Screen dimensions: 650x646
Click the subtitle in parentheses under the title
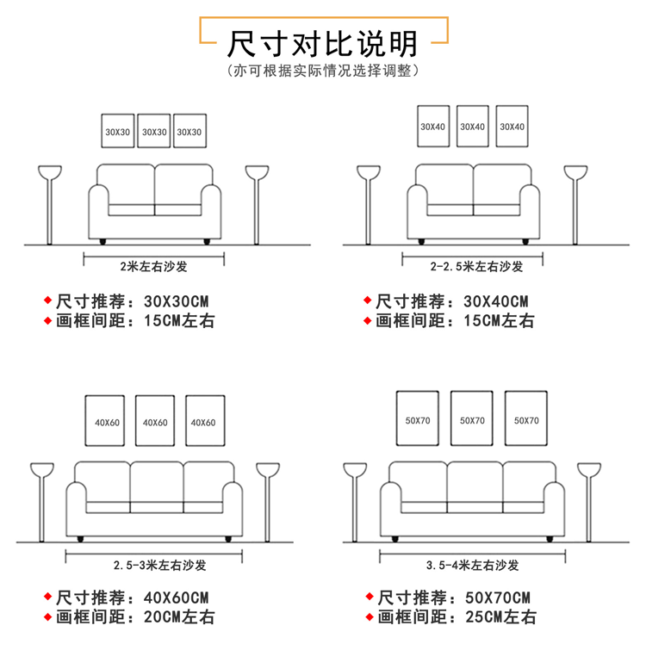pos(323,71)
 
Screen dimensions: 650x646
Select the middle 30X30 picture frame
pos(154,132)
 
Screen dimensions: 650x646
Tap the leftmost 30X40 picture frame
pos(433,127)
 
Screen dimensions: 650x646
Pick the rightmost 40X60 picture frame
pos(203,422)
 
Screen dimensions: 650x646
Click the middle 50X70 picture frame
pos(472,419)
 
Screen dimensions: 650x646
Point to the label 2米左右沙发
pos(153,266)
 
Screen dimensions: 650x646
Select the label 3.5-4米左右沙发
pos(473,566)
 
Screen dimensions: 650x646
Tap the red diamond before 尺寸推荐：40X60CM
pos(48,597)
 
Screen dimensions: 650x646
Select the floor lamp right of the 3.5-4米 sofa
pos(589,499)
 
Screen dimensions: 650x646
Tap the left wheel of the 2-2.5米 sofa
pos(420,238)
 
